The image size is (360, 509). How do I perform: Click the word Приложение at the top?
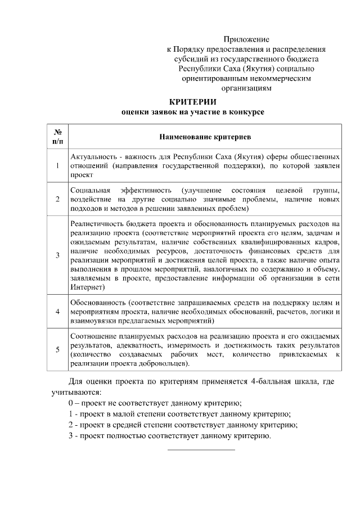click(x=246, y=39)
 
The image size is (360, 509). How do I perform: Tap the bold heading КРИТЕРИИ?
click(x=193, y=102)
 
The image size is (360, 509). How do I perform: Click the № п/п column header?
click(x=57, y=136)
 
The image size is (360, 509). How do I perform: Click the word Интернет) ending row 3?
click(x=87, y=286)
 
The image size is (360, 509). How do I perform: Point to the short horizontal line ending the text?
click(x=201, y=449)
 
